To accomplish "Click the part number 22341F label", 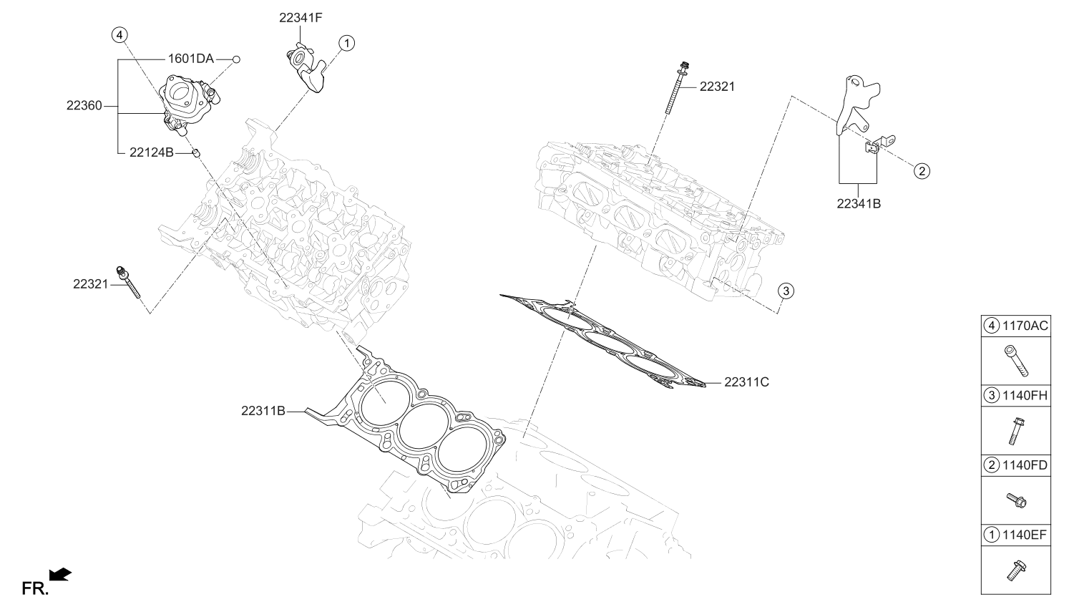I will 301,19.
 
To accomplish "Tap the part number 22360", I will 84,105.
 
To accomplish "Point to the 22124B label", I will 152,152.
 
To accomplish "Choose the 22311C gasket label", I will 746,382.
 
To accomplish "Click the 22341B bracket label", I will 858,203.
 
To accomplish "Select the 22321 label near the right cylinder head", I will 716,87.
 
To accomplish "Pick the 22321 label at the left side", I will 90,283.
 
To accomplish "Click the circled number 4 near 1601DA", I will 120,34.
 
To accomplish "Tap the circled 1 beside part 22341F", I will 346,44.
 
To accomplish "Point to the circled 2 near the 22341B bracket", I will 922,170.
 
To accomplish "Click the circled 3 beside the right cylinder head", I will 785,291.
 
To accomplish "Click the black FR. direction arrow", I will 60,573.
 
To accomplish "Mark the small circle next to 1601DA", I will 235,59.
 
